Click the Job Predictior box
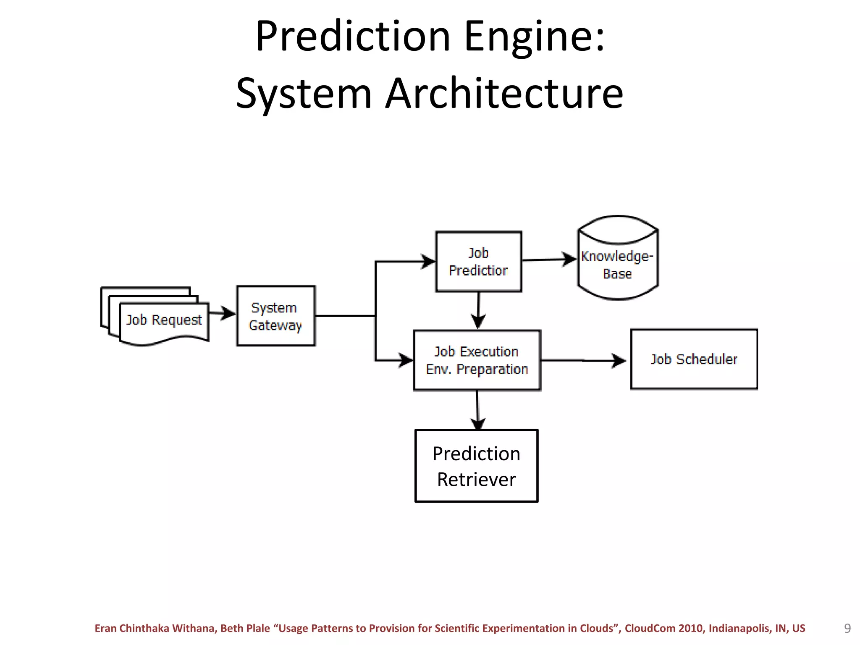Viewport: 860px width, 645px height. pos(478,261)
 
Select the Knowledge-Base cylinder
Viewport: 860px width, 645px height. pos(617,265)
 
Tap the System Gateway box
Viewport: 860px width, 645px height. pos(275,316)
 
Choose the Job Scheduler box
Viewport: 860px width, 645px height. pos(694,359)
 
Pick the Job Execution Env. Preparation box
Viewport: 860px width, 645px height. pos(477,360)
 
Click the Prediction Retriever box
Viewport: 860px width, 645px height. pos(476,466)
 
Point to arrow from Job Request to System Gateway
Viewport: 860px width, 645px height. pos(222,313)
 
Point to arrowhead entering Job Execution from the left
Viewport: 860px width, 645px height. pos(406,360)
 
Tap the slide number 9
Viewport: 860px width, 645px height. pos(847,628)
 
